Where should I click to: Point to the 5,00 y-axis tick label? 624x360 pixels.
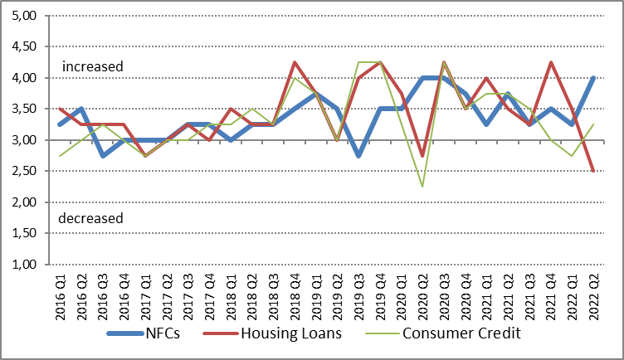[x=27, y=16]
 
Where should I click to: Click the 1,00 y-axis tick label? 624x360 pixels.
[x=27, y=265]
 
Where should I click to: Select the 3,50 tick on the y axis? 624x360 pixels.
[x=27, y=109]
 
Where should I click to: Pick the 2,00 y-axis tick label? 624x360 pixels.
[x=27, y=202]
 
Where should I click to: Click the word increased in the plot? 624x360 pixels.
[x=92, y=66]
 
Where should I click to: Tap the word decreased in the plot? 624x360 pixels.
[x=91, y=218]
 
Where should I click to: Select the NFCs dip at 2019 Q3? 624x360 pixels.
[x=359, y=156]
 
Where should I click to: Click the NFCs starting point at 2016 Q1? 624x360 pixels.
[x=60, y=124]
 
